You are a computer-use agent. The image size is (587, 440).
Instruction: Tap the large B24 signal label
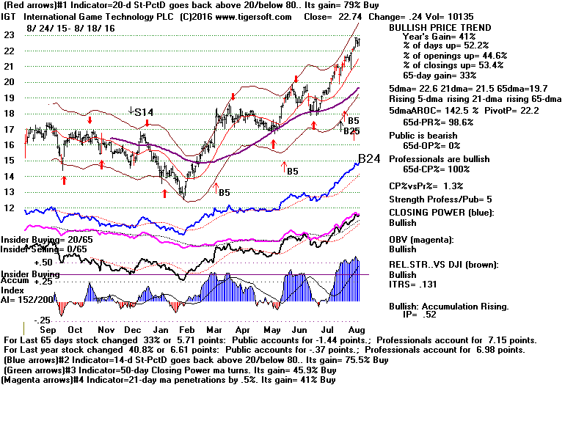coord(368,158)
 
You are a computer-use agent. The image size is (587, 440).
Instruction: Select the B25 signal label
coord(351,131)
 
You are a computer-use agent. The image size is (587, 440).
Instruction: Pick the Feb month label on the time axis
coord(189,332)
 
